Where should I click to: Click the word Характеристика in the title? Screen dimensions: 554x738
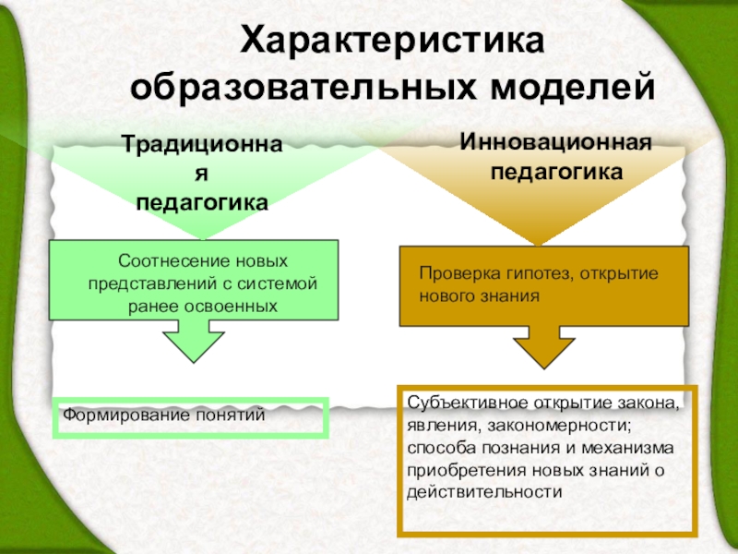(x=393, y=42)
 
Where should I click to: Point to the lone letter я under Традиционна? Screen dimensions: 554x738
(x=203, y=175)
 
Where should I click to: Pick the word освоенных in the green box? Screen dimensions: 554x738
(x=235, y=305)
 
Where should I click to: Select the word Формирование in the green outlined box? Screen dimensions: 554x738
(x=124, y=415)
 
